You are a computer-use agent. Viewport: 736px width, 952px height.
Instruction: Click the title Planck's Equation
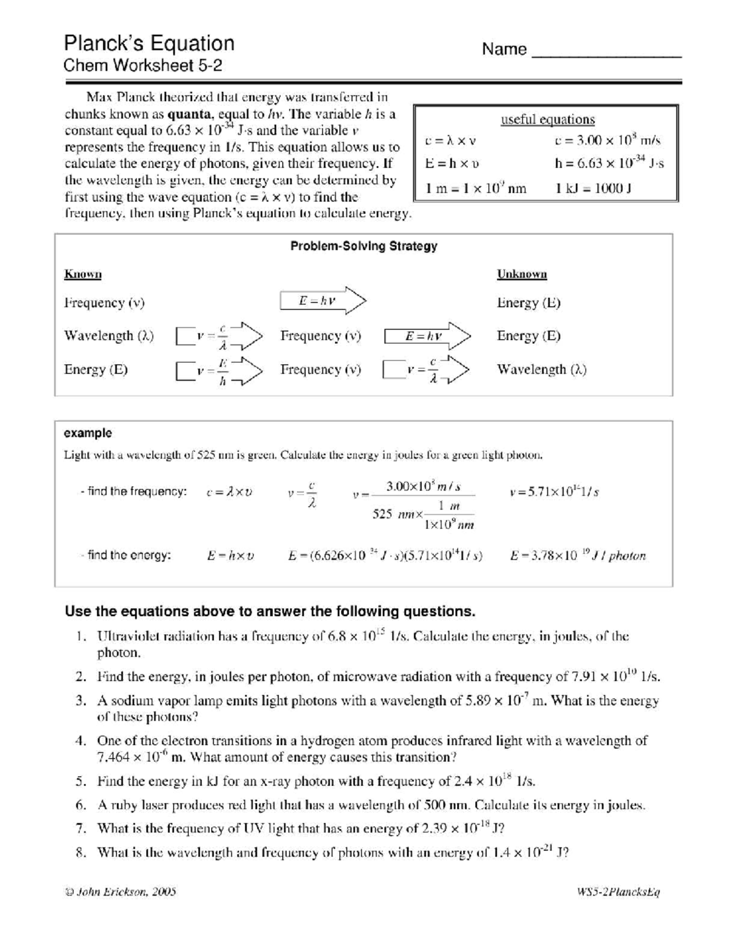tap(149, 43)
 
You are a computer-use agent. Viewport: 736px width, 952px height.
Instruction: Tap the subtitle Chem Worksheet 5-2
tap(143, 66)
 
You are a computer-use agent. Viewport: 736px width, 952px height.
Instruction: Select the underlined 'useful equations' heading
tap(547, 120)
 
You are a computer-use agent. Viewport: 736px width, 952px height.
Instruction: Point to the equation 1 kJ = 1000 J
tap(593, 188)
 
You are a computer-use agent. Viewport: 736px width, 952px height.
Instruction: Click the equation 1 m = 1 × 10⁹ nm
tap(476, 188)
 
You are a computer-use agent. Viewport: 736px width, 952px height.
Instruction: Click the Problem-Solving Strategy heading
tap(364, 246)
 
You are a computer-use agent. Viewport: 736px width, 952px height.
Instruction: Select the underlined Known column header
tap(83, 274)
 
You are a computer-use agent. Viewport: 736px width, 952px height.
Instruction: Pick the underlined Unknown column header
tap(521, 274)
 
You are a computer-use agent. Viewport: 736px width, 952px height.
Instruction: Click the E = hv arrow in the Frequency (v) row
tap(323, 301)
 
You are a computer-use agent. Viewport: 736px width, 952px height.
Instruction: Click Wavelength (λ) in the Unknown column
tap(542, 370)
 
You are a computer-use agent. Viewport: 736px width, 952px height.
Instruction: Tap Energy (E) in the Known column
tap(96, 370)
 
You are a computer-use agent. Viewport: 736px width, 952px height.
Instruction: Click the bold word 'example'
tap(88, 433)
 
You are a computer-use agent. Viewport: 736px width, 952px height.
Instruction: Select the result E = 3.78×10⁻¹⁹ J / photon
tap(578, 556)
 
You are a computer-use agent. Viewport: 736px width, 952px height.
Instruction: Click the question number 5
tap(80, 782)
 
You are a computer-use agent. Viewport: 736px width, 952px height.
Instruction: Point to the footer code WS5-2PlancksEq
tap(615, 892)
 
